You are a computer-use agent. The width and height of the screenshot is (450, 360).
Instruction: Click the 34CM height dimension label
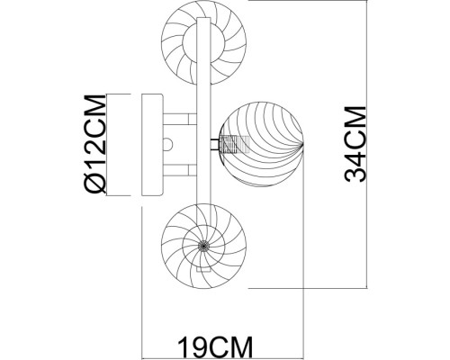click(x=355, y=144)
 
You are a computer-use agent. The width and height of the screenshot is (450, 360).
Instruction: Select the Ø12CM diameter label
click(x=96, y=143)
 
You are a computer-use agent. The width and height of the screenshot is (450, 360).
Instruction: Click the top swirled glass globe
click(x=204, y=42)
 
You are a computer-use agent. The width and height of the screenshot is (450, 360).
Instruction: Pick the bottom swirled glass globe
click(x=204, y=246)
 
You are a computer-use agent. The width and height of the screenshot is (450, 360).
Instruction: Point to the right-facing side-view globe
click(x=261, y=144)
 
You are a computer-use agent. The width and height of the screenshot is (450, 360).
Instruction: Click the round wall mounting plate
click(x=152, y=145)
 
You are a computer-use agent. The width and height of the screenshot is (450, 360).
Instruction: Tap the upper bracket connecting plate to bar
click(x=180, y=119)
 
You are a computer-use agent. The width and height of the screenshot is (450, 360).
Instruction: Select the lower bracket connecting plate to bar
click(x=180, y=170)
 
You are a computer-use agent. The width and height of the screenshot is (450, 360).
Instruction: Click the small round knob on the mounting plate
click(x=168, y=145)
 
